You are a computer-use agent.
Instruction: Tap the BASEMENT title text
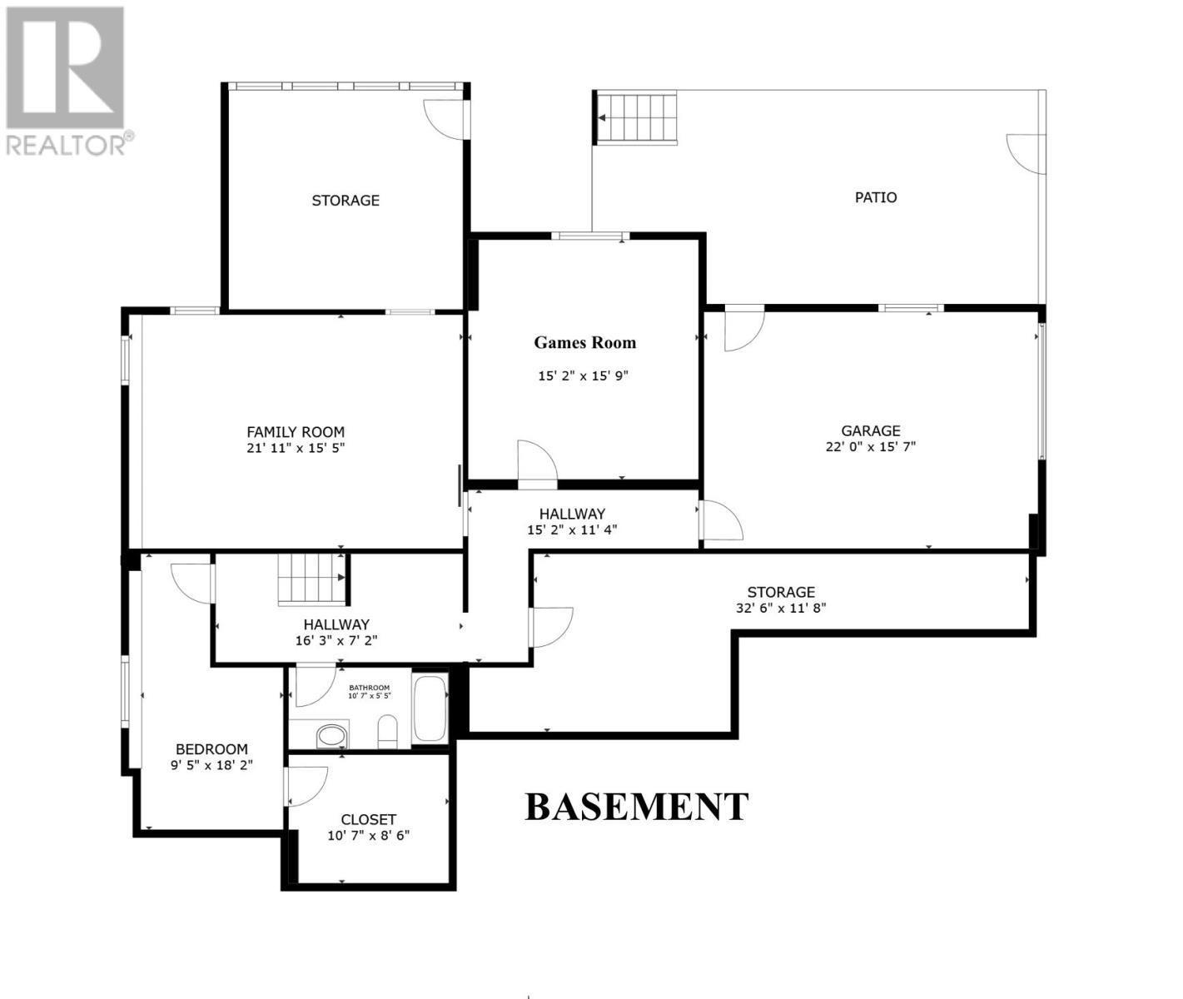coord(636,807)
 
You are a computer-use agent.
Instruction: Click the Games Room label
coord(584,342)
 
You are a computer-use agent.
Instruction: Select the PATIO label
coord(876,197)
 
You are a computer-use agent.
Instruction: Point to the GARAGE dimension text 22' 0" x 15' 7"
coord(870,446)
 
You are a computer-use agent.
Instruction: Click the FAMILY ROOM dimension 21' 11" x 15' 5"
coord(296,447)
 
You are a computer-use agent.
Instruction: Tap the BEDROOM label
coord(211,749)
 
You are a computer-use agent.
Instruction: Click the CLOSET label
coord(368,819)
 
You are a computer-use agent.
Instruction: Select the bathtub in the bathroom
coord(430,708)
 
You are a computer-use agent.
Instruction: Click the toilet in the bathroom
coord(388,730)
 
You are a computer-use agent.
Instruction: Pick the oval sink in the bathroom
coord(331,735)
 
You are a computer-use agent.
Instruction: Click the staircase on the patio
coord(638,117)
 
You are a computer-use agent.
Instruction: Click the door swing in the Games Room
coord(535,460)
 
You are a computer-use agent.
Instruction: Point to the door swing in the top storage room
coord(445,118)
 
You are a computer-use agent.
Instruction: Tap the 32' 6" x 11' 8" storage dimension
coord(780,608)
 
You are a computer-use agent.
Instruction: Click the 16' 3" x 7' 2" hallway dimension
coord(336,640)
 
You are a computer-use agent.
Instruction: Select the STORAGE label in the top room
coord(345,201)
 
